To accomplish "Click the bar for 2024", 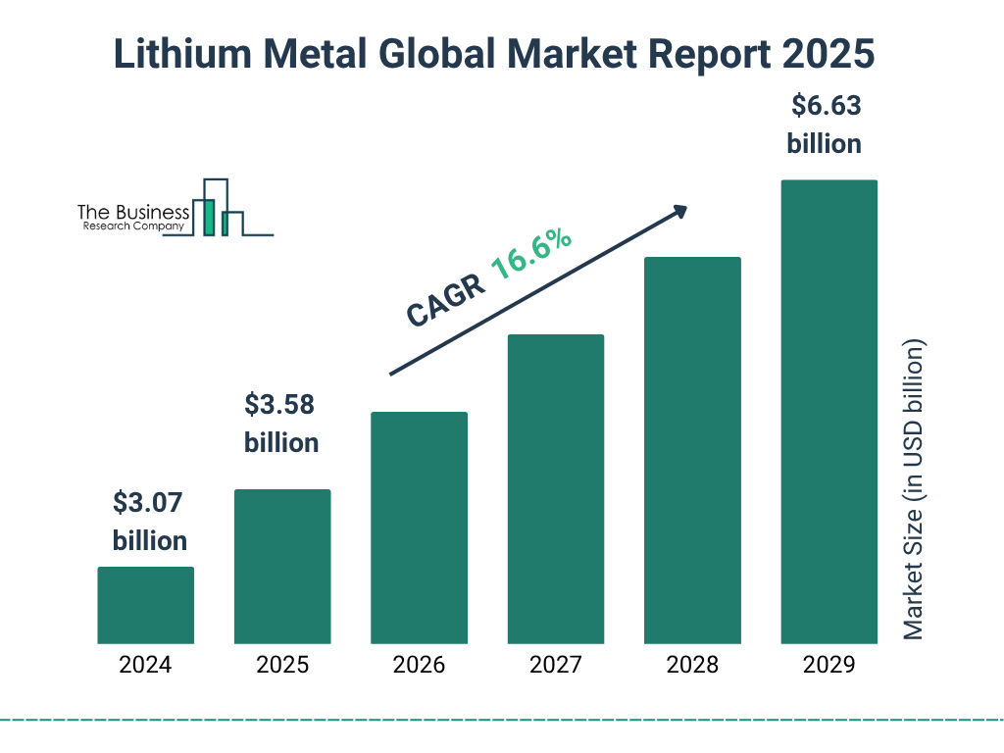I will tap(145, 605).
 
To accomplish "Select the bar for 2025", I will tap(282, 567).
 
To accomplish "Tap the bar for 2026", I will tap(419, 527).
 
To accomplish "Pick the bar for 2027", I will tap(555, 489).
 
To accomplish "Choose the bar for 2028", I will tap(692, 450).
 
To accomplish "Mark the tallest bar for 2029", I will tap(828, 412).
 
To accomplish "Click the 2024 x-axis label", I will tap(145, 665).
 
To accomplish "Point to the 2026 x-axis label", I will tap(419, 665).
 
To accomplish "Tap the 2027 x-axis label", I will tap(555, 665).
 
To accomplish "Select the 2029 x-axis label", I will tap(828, 665).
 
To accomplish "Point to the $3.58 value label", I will tap(280, 405).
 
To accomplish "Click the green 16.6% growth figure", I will tap(530, 255).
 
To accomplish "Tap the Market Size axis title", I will tap(914, 490).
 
